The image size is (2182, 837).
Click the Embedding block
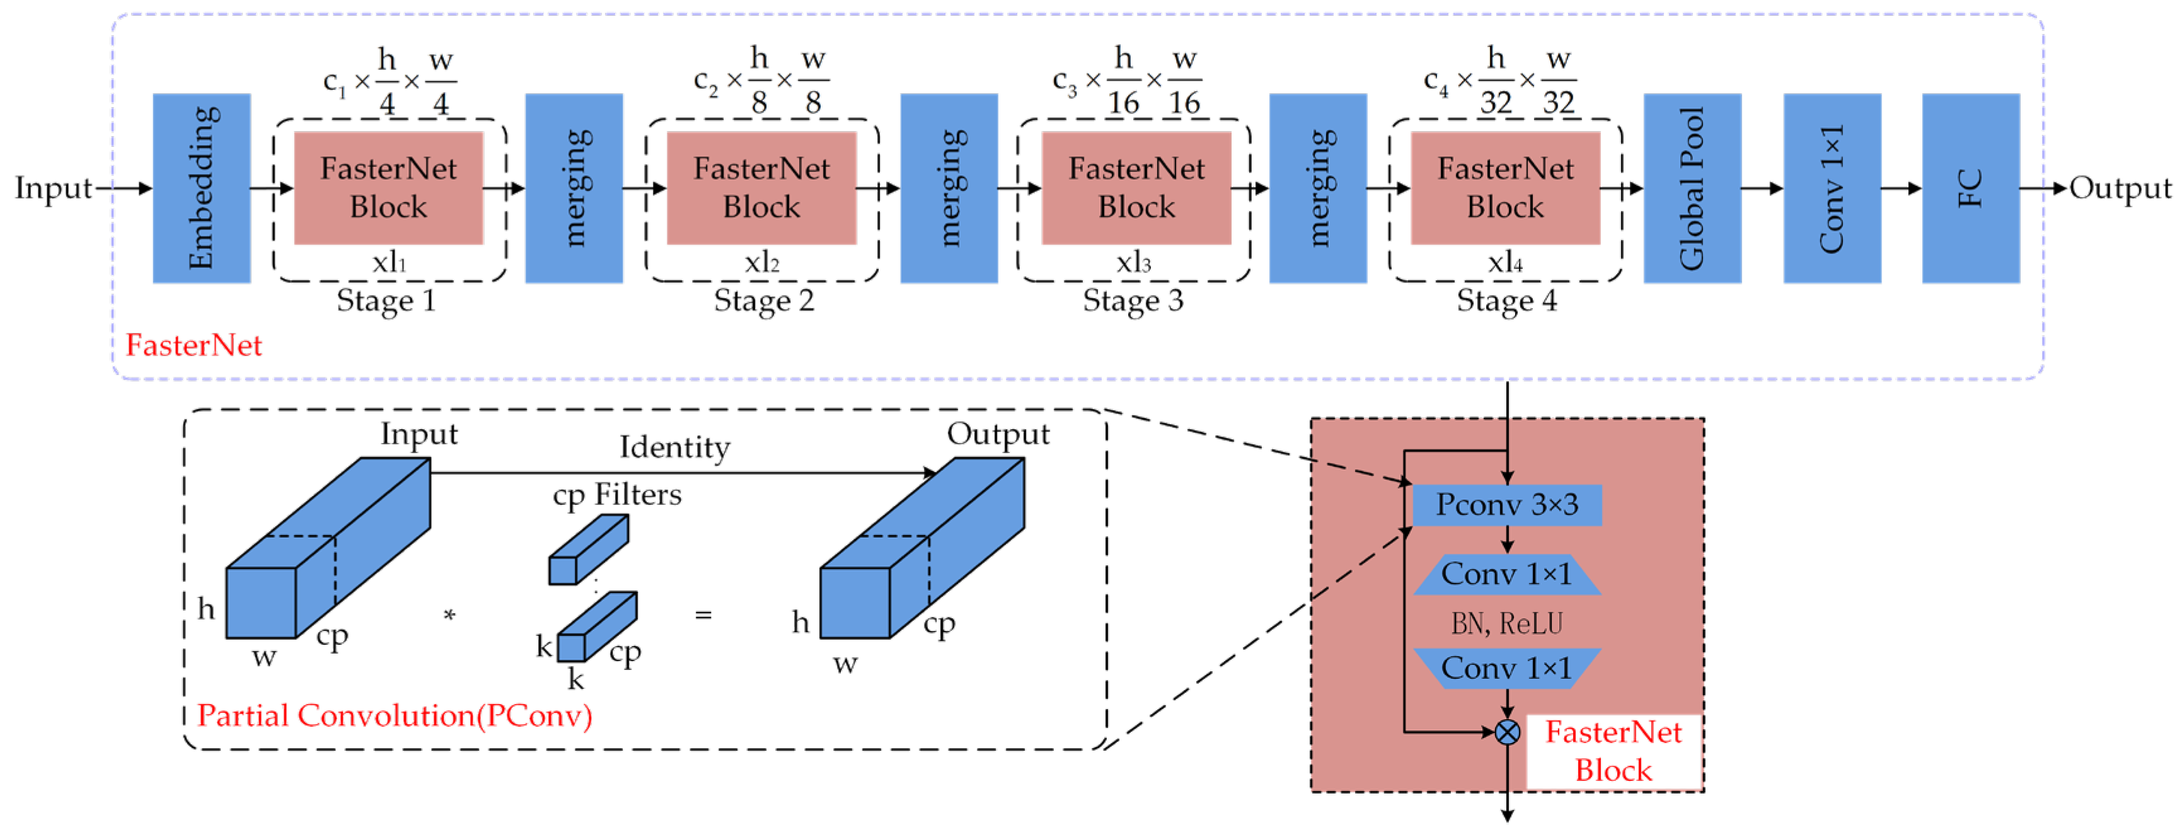pos(202,188)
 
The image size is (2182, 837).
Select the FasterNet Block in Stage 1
pos(389,188)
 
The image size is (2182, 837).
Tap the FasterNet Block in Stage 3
pos(1136,188)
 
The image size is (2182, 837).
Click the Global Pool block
pos(1692,188)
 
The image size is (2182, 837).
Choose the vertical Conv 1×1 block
pos(1832,188)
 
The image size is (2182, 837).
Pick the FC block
pos(1971,188)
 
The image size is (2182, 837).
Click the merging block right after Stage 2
pos(949,188)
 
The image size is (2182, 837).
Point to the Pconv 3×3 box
pos(1507,505)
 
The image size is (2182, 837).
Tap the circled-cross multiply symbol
pos(1507,732)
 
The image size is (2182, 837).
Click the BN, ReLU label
pos(1507,623)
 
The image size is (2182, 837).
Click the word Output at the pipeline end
pos(2120,188)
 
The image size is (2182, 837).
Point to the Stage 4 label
pos(1506,301)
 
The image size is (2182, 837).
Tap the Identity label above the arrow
pos(674,447)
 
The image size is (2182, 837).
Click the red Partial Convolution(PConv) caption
pos(395,716)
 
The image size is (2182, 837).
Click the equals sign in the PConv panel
pos(703,615)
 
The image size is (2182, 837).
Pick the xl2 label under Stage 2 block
pos(761,263)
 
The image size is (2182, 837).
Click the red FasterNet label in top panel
pos(194,345)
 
